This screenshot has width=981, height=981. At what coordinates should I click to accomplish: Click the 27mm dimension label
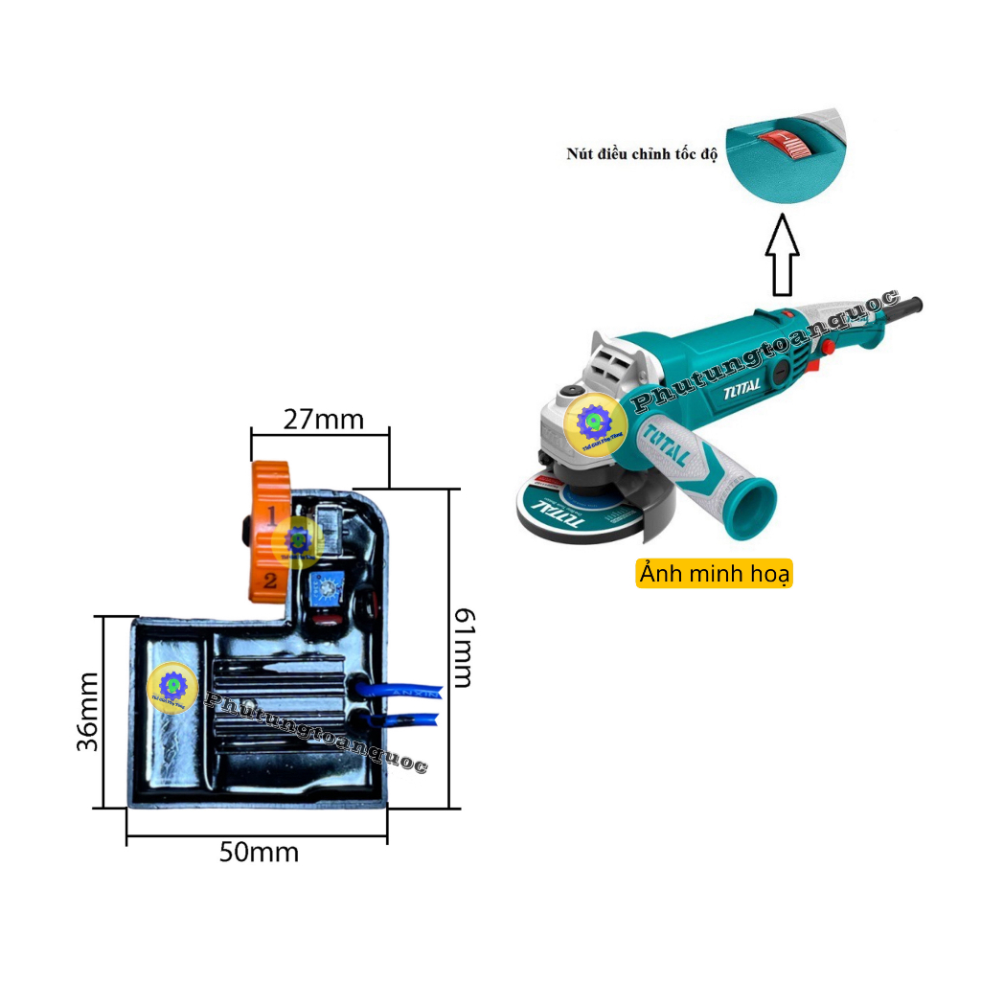pos(323,420)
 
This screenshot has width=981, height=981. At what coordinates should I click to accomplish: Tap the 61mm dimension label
pos(463,647)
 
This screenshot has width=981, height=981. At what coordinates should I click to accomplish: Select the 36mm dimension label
pos(87,711)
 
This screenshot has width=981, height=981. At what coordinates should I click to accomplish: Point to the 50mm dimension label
pos(259,852)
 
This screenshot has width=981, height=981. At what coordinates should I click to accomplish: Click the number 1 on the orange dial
pos(271,515)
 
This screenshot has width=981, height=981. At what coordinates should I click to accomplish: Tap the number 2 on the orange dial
pos(270,579)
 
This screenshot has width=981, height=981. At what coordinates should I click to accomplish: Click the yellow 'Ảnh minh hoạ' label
pos(715,574)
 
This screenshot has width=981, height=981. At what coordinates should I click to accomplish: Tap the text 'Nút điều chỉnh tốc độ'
pos(641,154)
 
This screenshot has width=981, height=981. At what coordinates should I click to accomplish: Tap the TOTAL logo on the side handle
pos(668,446)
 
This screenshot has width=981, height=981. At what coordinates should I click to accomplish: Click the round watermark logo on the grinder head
pos(595,422)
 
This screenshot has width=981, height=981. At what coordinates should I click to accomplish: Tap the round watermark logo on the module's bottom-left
pos(171,686)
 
